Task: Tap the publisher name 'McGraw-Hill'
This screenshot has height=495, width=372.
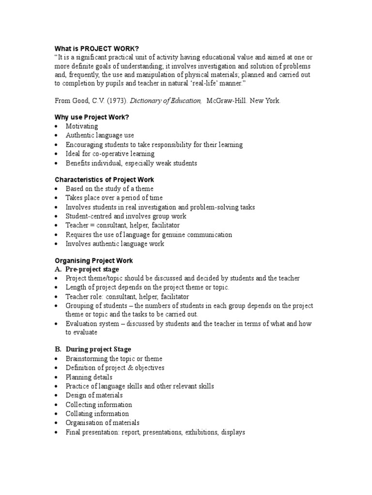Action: [x=227, y=101]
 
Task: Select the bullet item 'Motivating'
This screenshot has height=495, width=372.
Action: [x=82, y=127]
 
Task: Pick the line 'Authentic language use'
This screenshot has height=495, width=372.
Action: [x=100, y=136]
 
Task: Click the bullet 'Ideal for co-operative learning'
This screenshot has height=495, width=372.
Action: [x=110, y=154]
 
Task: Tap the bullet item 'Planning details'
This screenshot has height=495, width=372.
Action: [x=89, y=377]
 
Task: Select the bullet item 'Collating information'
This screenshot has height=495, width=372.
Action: [x=97, y=414]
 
